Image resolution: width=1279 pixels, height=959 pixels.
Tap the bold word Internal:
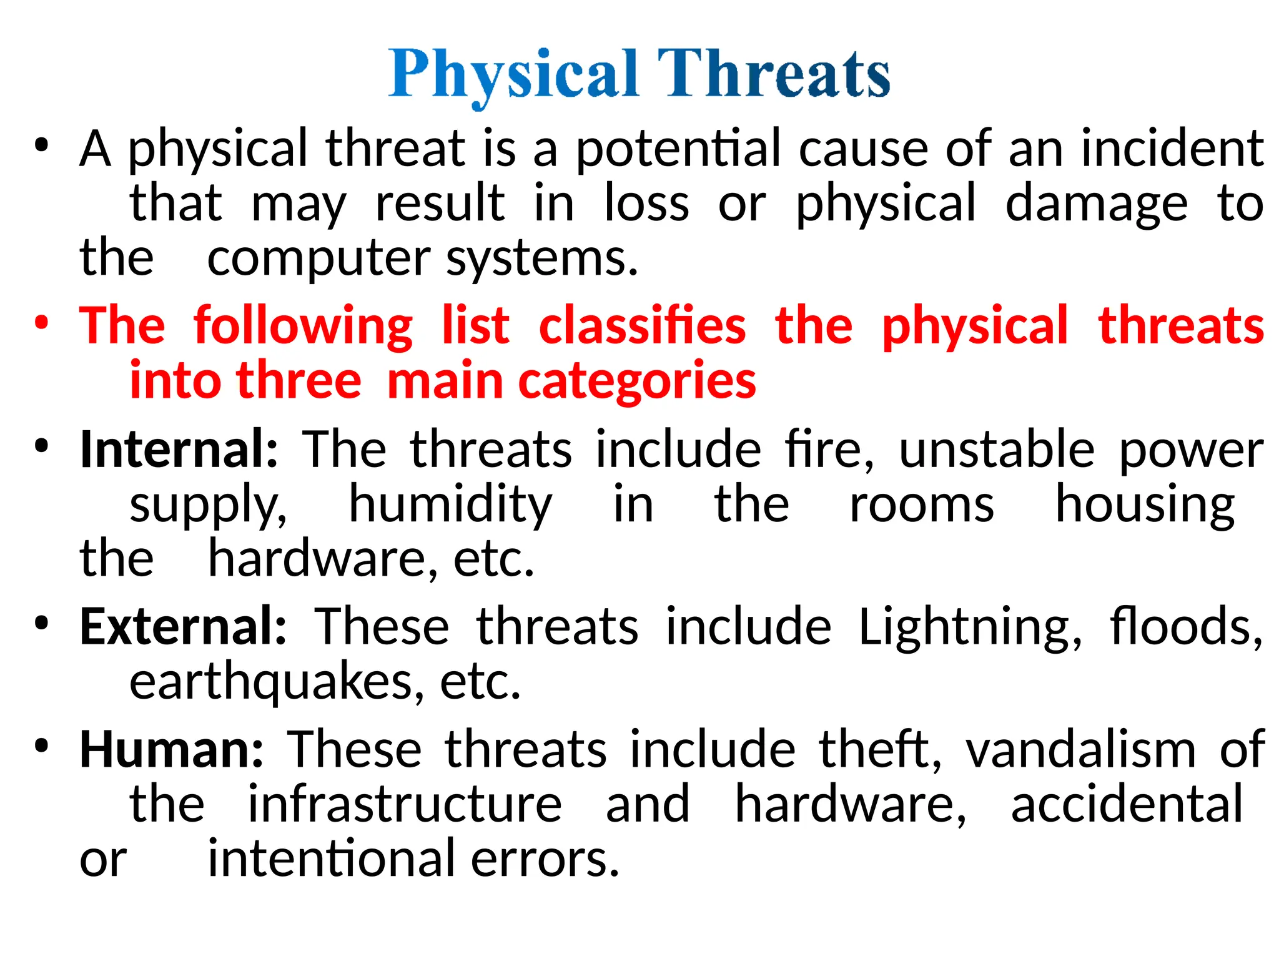click(x=179, y=449)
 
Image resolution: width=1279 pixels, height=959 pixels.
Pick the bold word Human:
click(x=172, y=749)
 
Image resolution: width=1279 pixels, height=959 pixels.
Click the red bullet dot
click(x=42, y=324)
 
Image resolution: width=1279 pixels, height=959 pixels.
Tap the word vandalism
click(x=1080, y=749)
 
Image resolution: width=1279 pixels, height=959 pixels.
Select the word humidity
click(x=450, y=505)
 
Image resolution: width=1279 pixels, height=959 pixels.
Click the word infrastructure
click(x=405, y=804)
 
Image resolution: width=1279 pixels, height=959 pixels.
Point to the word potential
click(x=678, y=149)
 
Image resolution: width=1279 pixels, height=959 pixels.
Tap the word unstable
click(x=997, y=449)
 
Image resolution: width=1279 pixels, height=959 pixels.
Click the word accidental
click(x=1127, y=804)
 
